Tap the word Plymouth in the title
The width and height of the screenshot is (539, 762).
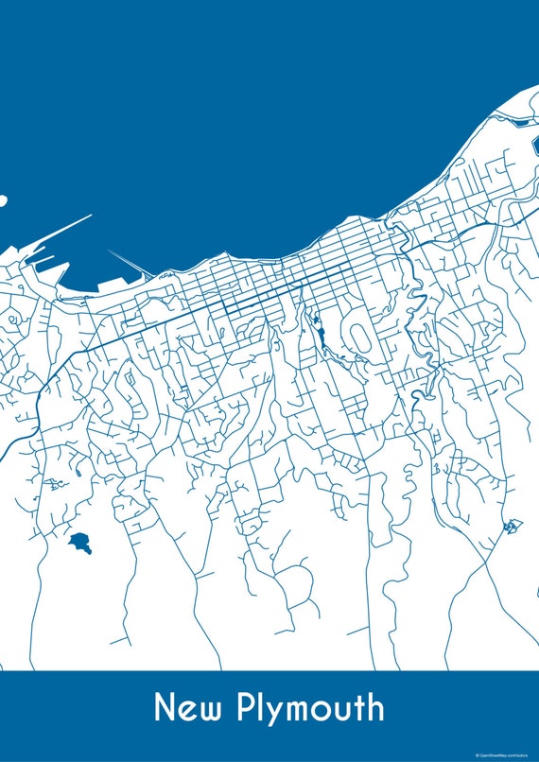[x=312, y=709]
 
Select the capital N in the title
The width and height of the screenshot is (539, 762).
[x=165, y=708]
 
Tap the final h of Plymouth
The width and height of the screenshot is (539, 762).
[x=376, y=708]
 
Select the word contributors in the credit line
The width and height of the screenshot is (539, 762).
[x=521, y=754]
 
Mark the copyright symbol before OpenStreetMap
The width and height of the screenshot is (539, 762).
[x=478, y=754]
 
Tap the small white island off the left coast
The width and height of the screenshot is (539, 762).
[x=2, y=200]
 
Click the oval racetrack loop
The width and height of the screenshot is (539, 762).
[x=360, y=334]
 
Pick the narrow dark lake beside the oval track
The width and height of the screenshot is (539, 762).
[x=322, y=336]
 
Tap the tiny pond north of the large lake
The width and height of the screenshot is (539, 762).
[x=53, y=485]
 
